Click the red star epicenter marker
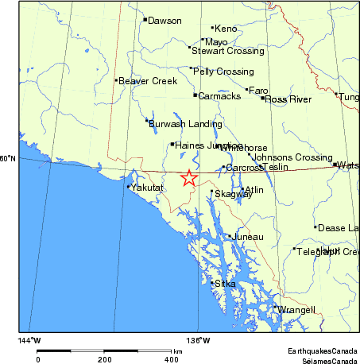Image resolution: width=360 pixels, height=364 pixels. pyautogui.click(x=189, y=178)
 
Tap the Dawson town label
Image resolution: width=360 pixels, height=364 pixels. pyautogui.click(x=165, y=21)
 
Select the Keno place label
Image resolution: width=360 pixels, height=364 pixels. pyautogui.click(x=226, y=29)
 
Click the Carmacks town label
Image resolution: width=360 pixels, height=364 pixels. pyautogui.click(x=219, y=96)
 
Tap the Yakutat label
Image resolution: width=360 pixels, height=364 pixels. pyautogui.click(x=147, y=188)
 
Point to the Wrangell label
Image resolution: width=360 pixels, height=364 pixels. pyautogui.click(x=296, y=310)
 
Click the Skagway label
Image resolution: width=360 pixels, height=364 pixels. pyautogui.click(x=233, y=194)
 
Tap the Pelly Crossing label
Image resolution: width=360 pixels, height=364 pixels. pyautogui.click(x=223, y=72)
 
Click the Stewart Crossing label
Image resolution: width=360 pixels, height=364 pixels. pyautogui.click(x=228, y=51)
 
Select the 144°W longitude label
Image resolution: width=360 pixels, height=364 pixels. pyautogui.click(x=29, y=341)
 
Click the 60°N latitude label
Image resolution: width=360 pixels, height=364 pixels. pyautogui.click(x=8, y=158)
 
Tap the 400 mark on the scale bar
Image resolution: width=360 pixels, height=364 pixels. pyautogui.click(x=170, y=359)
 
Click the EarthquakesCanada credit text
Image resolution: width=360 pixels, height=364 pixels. pyautogui.click(x=322, y=350)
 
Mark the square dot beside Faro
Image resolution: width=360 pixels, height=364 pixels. pyautogui.click(x=247, y=89)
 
